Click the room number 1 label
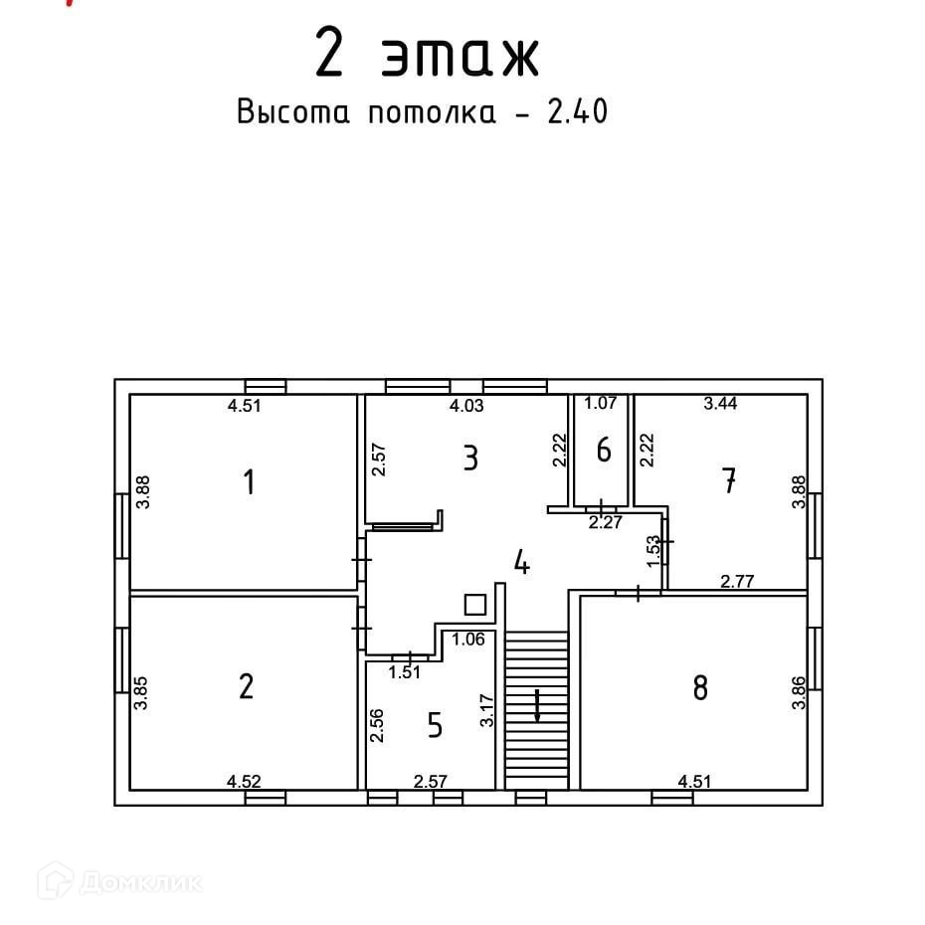(x=250, y=483)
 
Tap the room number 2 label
(x=247, y=686)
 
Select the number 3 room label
(x=470, y=459)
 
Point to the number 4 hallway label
(x=521, y=563)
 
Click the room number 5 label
(x=435, y=725)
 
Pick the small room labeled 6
(x=604, y=451)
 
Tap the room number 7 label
(x=729, y=482)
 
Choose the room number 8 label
(x=700, y=687)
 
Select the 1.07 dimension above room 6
(x=601, y=404)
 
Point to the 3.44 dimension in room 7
(x=721, y=404)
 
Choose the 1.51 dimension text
(x=405, y=672)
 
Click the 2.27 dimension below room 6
(x=605, y=522)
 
